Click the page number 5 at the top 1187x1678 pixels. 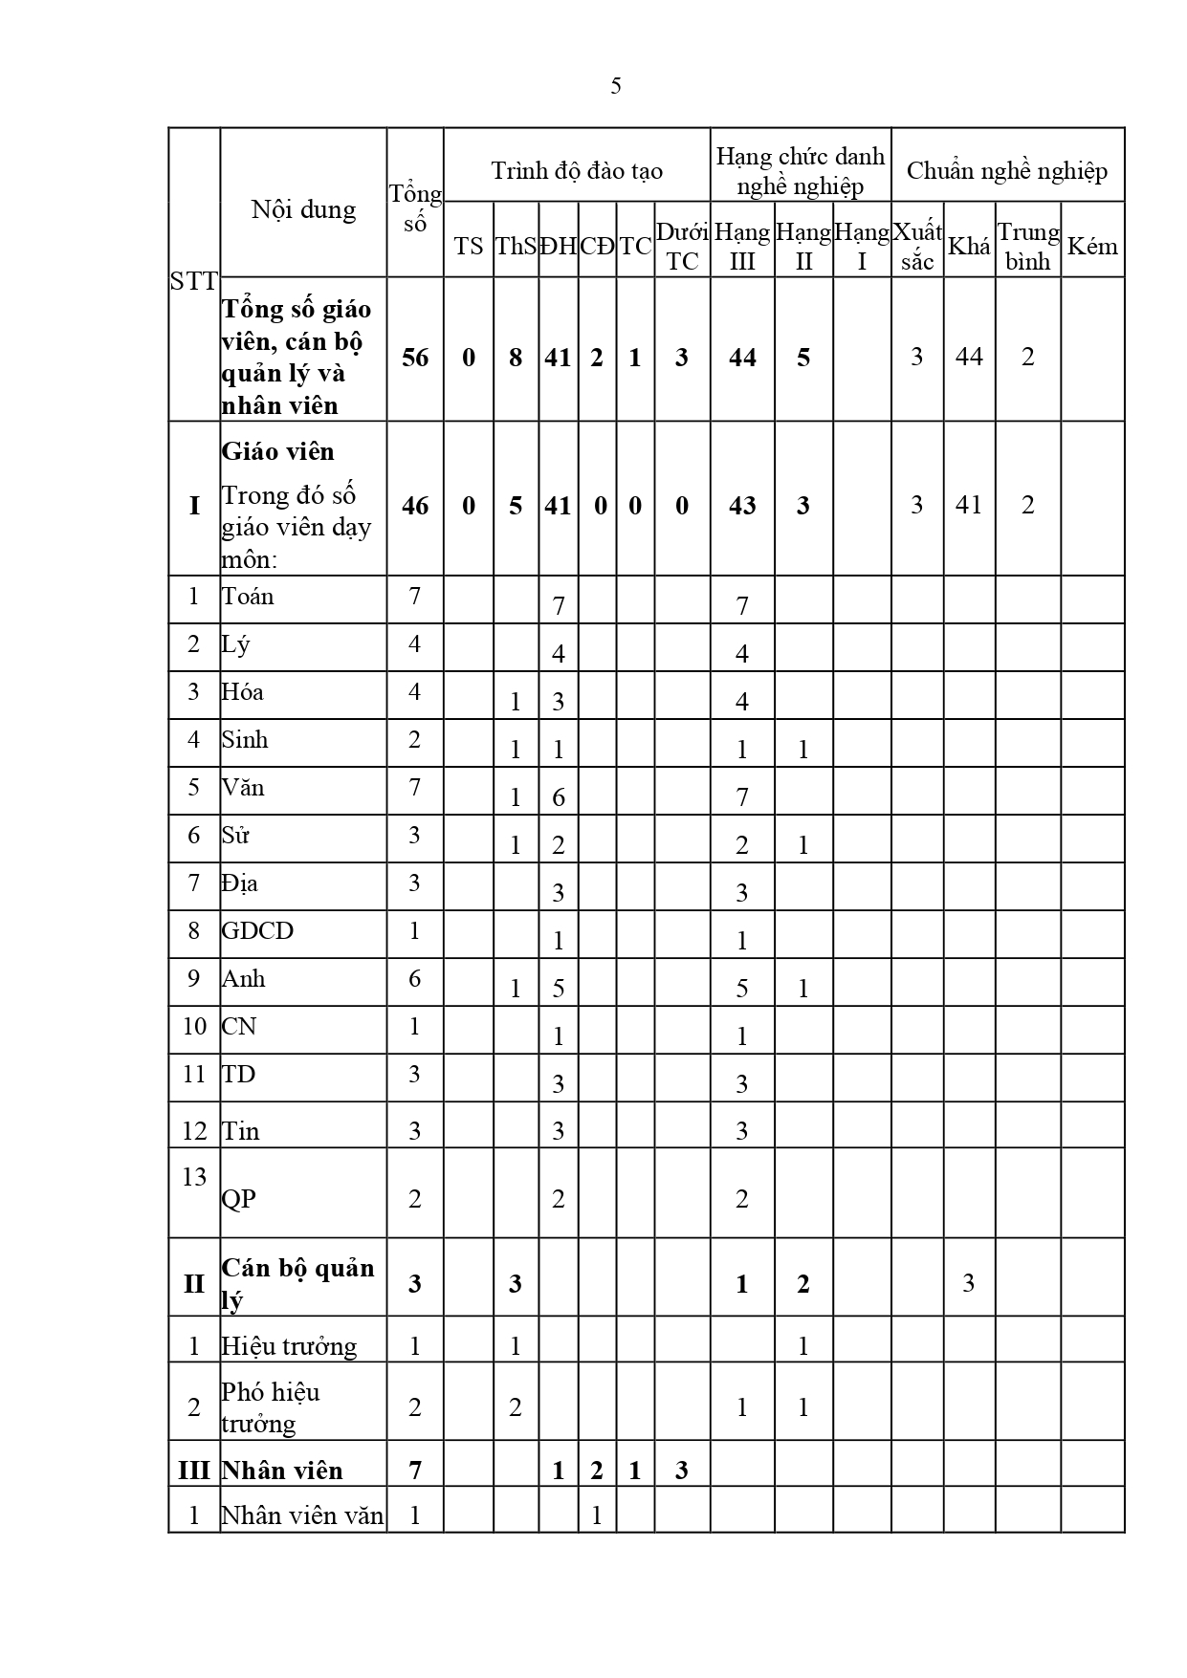click(615, 86)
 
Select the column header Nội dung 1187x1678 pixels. click(303, 209)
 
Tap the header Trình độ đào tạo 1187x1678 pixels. click(577, 171)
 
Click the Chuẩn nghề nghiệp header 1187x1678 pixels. click(1007, 171)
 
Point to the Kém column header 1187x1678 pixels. click(1091, 247)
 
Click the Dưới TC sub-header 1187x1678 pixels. click(682, 247)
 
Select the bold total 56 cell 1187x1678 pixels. click(415, 358)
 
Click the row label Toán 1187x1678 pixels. click(248, 597)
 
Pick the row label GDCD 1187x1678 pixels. click(257, 931)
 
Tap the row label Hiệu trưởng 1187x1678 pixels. click(289, 1346)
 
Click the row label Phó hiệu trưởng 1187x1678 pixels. click(271, 1407)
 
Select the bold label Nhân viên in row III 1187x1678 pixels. click(282, 1471)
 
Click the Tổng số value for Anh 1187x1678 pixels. click(414, 979)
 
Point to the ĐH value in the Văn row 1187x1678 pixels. click(559, 797)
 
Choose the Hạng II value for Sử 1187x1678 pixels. click(803, 845)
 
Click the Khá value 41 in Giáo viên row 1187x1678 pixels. click(969, 505)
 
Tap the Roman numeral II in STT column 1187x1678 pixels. click(194, 1283)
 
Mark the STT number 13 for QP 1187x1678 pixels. click(194, 1177)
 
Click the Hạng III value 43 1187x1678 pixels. click(742, 506)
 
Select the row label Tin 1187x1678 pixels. click(241, 1132)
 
